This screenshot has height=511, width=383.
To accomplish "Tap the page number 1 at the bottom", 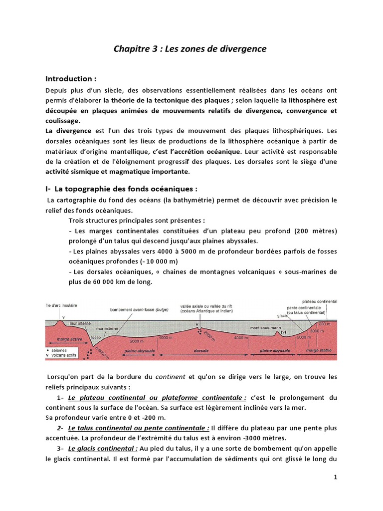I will pyautogui.click(x=336, y=477).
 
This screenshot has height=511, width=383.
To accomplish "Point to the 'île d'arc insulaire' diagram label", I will pyautogui.click(x=60, y=305).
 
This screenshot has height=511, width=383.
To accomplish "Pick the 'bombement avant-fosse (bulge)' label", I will pyautogui.click(x=139, y=309).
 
